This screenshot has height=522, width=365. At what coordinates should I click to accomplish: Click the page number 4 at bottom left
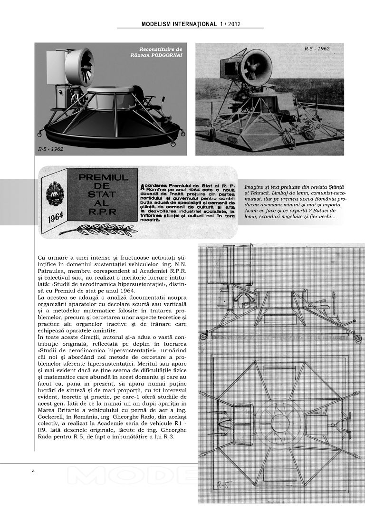[33, 471]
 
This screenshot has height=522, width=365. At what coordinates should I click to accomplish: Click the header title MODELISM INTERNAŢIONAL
[179, 24]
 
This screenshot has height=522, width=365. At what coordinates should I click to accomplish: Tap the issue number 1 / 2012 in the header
[230, 24]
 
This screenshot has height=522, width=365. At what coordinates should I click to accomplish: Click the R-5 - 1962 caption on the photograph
[317, 48]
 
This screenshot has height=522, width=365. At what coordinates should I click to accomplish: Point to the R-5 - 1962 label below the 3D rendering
[50, 149]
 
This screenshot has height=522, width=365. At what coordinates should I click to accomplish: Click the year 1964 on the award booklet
[56, 219]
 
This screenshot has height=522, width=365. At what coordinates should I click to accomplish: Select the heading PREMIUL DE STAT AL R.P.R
[103, 194]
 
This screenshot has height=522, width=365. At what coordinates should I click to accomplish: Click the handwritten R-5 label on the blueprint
[224, 484]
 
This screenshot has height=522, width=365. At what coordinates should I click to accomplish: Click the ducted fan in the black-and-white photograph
[255, 68]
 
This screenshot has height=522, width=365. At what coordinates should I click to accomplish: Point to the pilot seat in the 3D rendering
[141, 97]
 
